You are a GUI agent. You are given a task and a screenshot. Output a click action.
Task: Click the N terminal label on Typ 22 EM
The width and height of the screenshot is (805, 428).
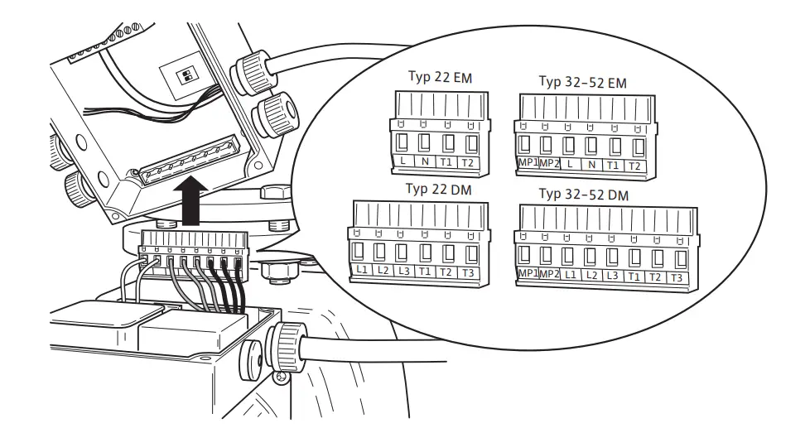(425, 161)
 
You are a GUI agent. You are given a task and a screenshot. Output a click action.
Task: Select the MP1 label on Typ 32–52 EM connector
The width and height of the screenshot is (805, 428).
(528, 166)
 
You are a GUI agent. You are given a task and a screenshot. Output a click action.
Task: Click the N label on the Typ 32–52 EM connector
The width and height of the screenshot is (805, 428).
(590, 166)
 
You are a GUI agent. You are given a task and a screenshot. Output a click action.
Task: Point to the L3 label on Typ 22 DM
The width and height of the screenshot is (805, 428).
(402, 272)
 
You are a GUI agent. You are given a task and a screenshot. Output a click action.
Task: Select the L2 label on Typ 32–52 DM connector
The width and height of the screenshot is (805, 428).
(590, 276)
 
